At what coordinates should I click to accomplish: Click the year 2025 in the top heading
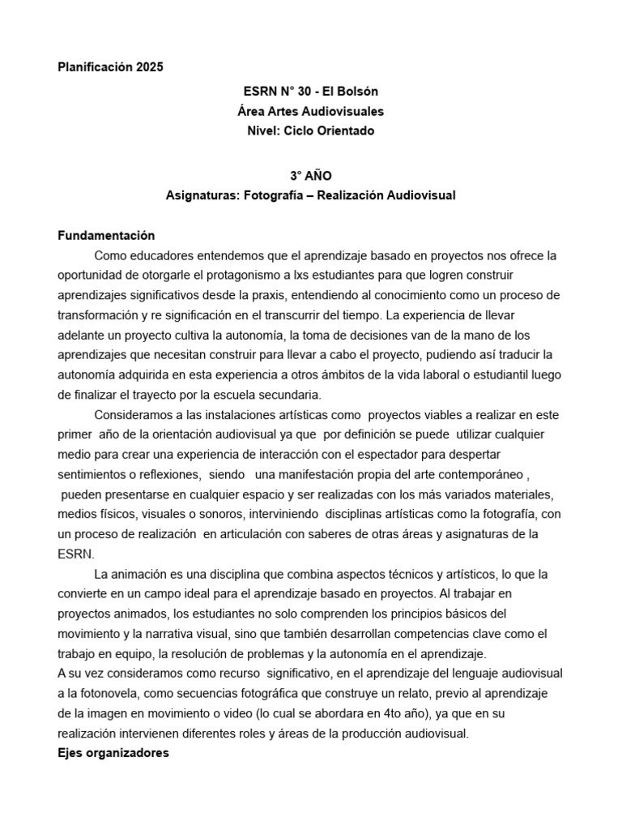point(149,67)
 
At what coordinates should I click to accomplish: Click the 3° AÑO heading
point(311,175)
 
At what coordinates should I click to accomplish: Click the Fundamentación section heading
point(106,236)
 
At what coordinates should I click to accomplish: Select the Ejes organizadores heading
point(113,752)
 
